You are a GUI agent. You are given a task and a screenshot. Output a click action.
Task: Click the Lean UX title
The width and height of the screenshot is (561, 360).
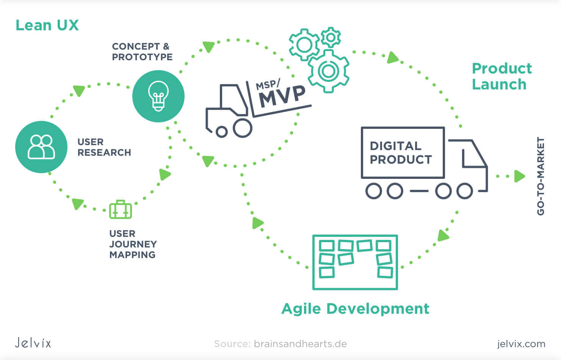tap(47, 25)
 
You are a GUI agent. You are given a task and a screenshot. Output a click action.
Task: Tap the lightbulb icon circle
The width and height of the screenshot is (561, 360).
tap(158, 96)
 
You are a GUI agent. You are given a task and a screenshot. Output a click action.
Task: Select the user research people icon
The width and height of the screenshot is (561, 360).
tap(41, 147)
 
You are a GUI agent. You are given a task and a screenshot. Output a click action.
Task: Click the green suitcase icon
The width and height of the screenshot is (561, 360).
tap(121, 210)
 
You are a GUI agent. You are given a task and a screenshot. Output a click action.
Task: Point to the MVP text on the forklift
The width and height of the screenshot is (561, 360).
tap(282, 96)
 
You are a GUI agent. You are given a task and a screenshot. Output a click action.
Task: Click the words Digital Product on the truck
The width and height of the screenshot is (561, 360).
tap(401, 153)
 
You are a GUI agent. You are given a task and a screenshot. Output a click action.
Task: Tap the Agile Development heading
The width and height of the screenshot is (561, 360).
tap(355, 308)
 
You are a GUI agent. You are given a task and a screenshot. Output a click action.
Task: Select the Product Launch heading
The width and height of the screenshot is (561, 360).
tap(501, 76)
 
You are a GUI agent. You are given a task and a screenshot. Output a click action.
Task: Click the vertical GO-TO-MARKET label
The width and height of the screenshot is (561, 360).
tap(541, 176)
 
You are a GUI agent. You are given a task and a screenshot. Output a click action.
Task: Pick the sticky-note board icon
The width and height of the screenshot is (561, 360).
tap(355, 262)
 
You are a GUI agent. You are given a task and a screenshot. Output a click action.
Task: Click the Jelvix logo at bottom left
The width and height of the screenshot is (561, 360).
tap(33, 343)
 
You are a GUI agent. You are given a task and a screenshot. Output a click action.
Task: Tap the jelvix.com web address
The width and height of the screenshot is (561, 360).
tap(521, 344)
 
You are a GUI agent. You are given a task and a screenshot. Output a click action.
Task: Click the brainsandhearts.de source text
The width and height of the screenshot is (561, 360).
tap(300, 344)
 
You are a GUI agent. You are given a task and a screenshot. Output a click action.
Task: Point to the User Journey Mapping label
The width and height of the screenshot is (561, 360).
tap(133, 244)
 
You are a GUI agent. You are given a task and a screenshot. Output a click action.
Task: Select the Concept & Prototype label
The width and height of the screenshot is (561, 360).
tap(142, 52)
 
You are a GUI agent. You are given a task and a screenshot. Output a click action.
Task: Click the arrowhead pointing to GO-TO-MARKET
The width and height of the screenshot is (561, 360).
tap(519, 176)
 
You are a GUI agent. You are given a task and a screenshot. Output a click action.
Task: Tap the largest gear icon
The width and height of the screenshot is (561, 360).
tap(328, 71)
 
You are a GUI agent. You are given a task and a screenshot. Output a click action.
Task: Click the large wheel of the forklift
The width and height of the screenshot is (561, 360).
tap(242, 128)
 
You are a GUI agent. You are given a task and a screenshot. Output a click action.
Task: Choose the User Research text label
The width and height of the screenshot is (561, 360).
tap(104, 147)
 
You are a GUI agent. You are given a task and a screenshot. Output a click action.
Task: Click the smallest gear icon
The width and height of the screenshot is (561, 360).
tap(331, 37)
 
